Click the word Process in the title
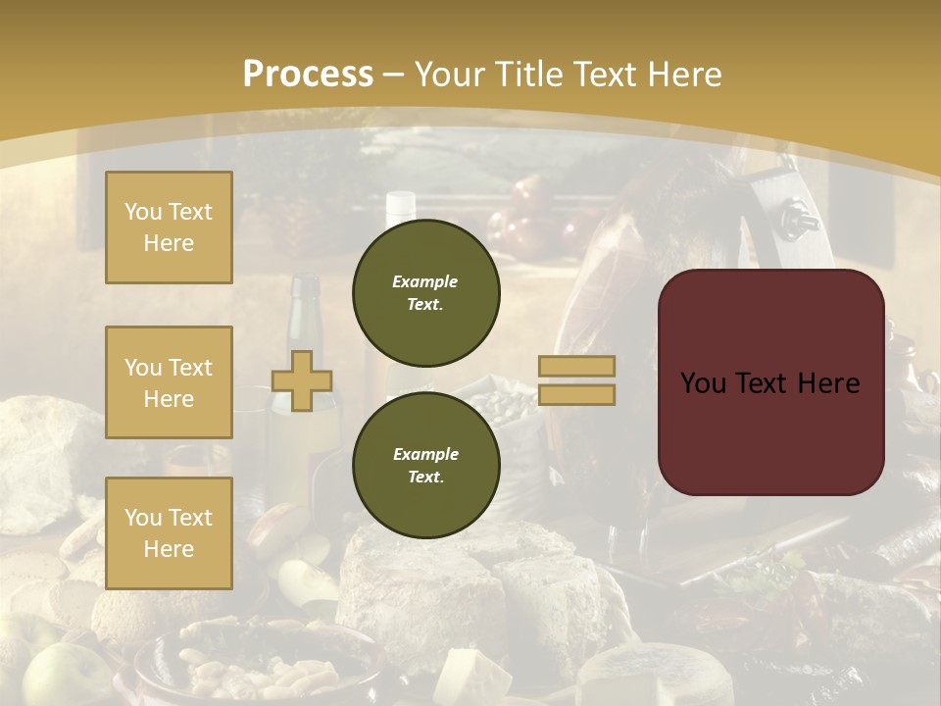point(308,75)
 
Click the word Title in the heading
point(528,75)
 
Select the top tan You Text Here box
point(169,227)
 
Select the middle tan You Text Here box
point(169,382)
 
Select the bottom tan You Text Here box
point(169,532)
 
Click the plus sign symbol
point(302,380)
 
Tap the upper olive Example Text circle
point(425,292)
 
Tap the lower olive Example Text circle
point(425,465)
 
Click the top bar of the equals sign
point(576,366)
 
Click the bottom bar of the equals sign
point(576,394)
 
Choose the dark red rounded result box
point(770,382)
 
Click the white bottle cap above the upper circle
point(401,203)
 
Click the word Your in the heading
point(451,75)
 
